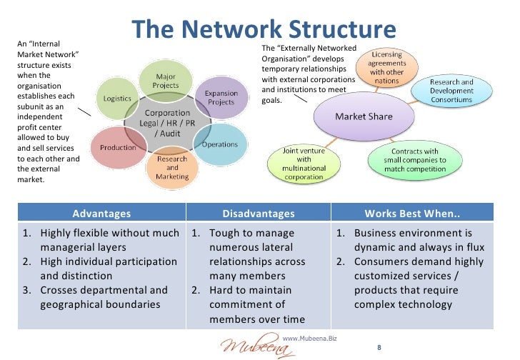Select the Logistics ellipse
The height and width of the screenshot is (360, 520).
coord(117,99)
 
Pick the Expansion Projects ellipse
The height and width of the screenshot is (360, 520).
coord(221,98)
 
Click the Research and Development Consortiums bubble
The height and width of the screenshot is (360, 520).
coord(451,91)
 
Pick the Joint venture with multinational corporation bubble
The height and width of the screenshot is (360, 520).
coord(304,164)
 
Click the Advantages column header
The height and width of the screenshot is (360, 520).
coord(101,213)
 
